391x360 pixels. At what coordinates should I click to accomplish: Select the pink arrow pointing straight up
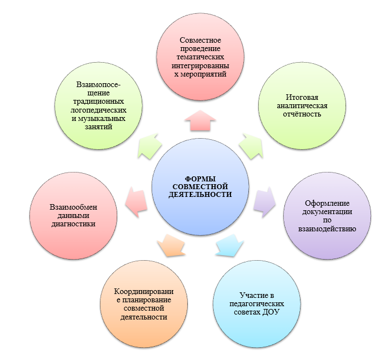coord(199,119)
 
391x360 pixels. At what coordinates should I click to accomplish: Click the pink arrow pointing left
coord(136,200)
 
